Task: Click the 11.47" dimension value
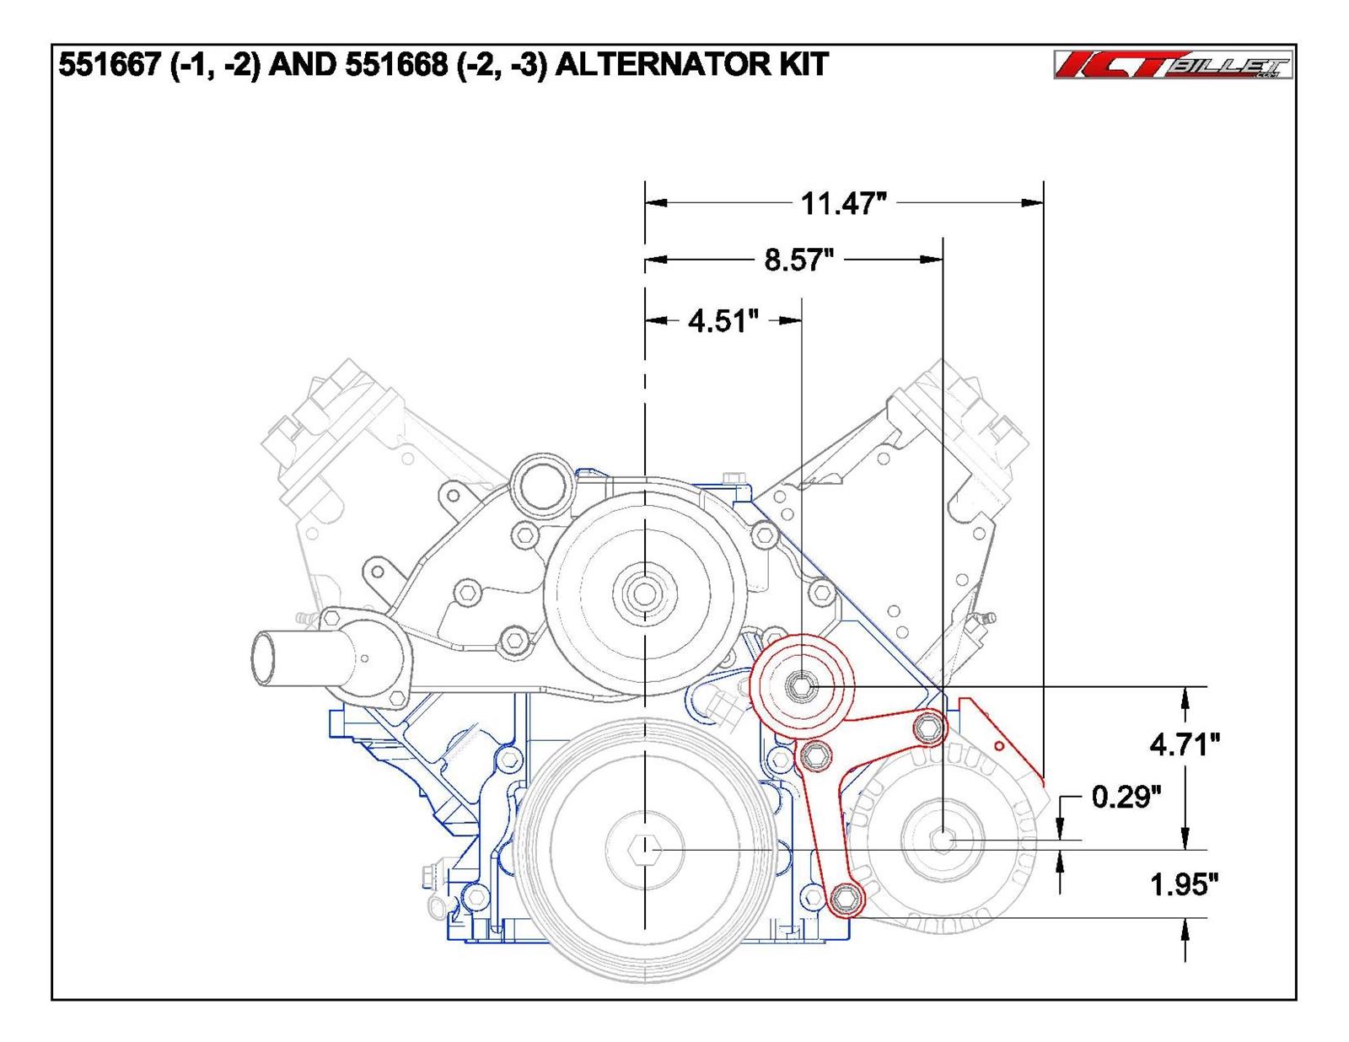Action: tap(843, 203)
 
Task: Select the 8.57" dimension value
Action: tap(798, 260)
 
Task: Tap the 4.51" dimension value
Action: tap(723, 320)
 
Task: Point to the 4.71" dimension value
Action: tap(1185, 744)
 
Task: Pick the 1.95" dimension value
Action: tap(1185, 884)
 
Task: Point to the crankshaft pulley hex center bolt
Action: tap(644, 850)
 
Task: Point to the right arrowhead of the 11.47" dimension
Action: tap(1033, 203)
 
